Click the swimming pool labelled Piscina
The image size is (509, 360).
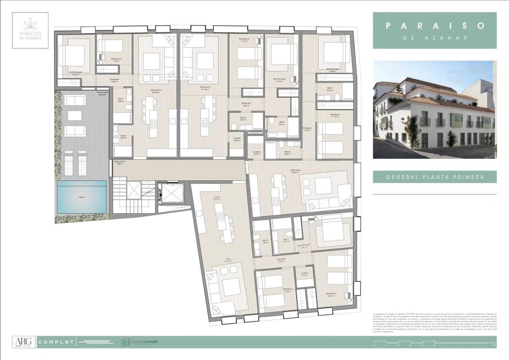point(82,197)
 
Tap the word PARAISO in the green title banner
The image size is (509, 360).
point(435,26)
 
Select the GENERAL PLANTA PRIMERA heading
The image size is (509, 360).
point(435,177)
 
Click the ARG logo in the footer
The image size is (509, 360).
point(22,342)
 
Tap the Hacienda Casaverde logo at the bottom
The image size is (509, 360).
point(139,342)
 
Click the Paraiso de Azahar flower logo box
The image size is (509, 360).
point(30,30)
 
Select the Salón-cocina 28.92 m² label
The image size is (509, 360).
point(156,91)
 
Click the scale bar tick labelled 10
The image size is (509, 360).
point(494,346)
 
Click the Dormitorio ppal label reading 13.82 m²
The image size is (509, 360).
point(333,70)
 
